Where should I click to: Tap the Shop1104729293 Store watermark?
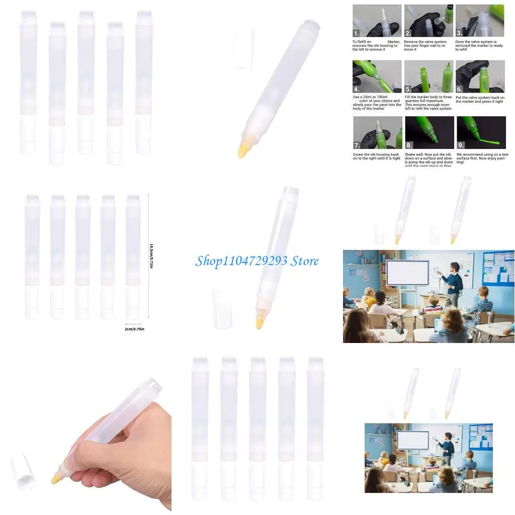(x=257, y=261)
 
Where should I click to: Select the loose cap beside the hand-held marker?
(x=23, y=471)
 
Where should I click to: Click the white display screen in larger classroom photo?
(x=407, y=273)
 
